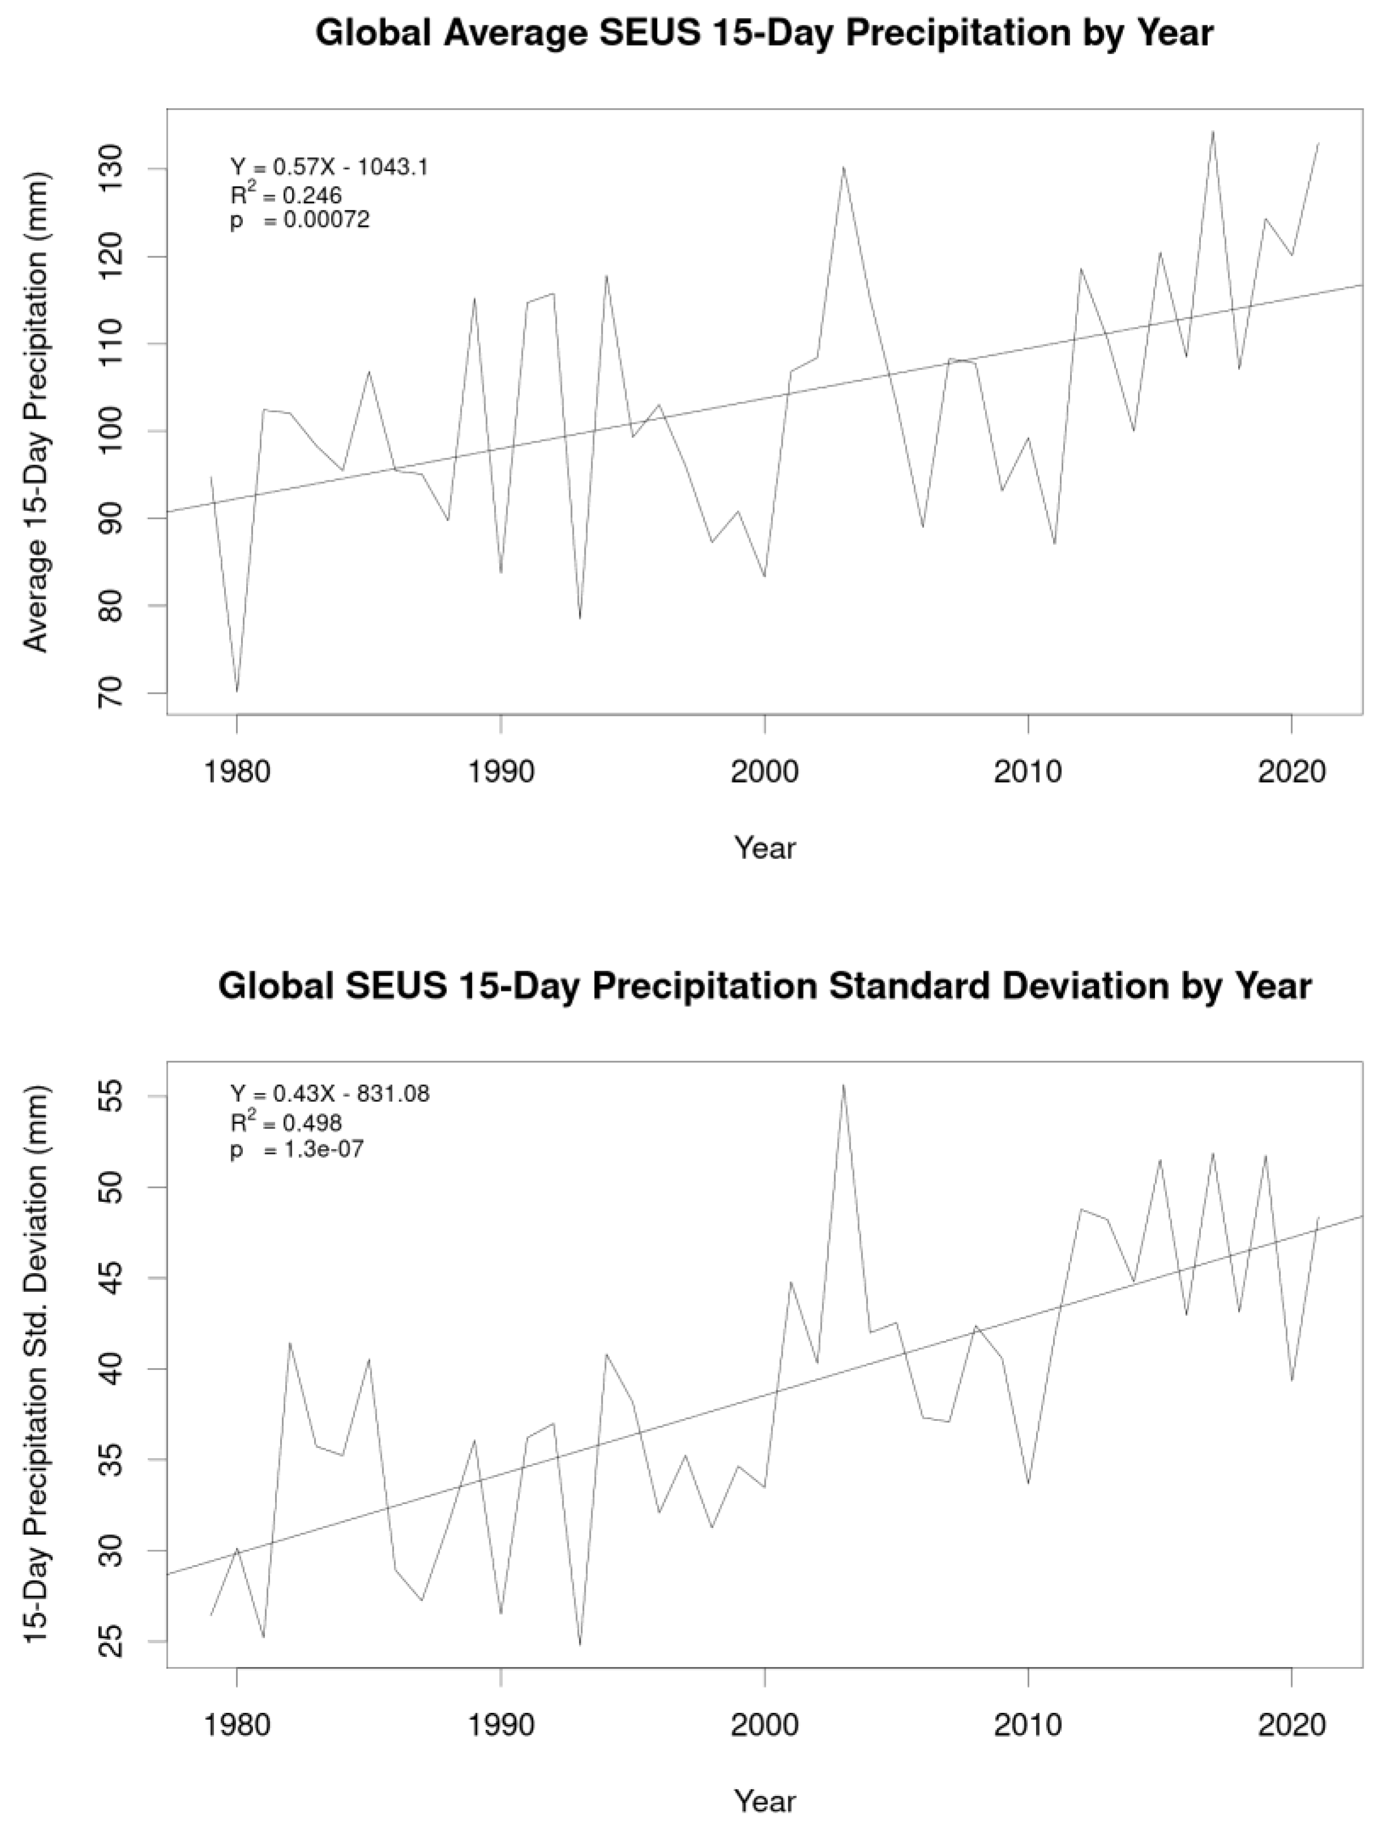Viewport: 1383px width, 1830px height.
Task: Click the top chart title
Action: (764, 35)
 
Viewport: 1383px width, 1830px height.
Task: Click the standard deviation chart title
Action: (764, 986)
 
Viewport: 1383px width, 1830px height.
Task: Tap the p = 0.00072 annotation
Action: (299, 221)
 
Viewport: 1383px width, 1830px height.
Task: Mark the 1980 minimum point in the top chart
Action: (238, 691)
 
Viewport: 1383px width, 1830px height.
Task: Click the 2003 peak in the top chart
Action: (843, 167)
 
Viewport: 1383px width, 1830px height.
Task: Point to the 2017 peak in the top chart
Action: (1213, 131)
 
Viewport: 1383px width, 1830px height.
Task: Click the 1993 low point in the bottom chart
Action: (580, 1644)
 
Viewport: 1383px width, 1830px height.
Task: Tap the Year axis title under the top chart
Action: (764, 848)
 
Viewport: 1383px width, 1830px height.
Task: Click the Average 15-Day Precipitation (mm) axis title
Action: (36, 412)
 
